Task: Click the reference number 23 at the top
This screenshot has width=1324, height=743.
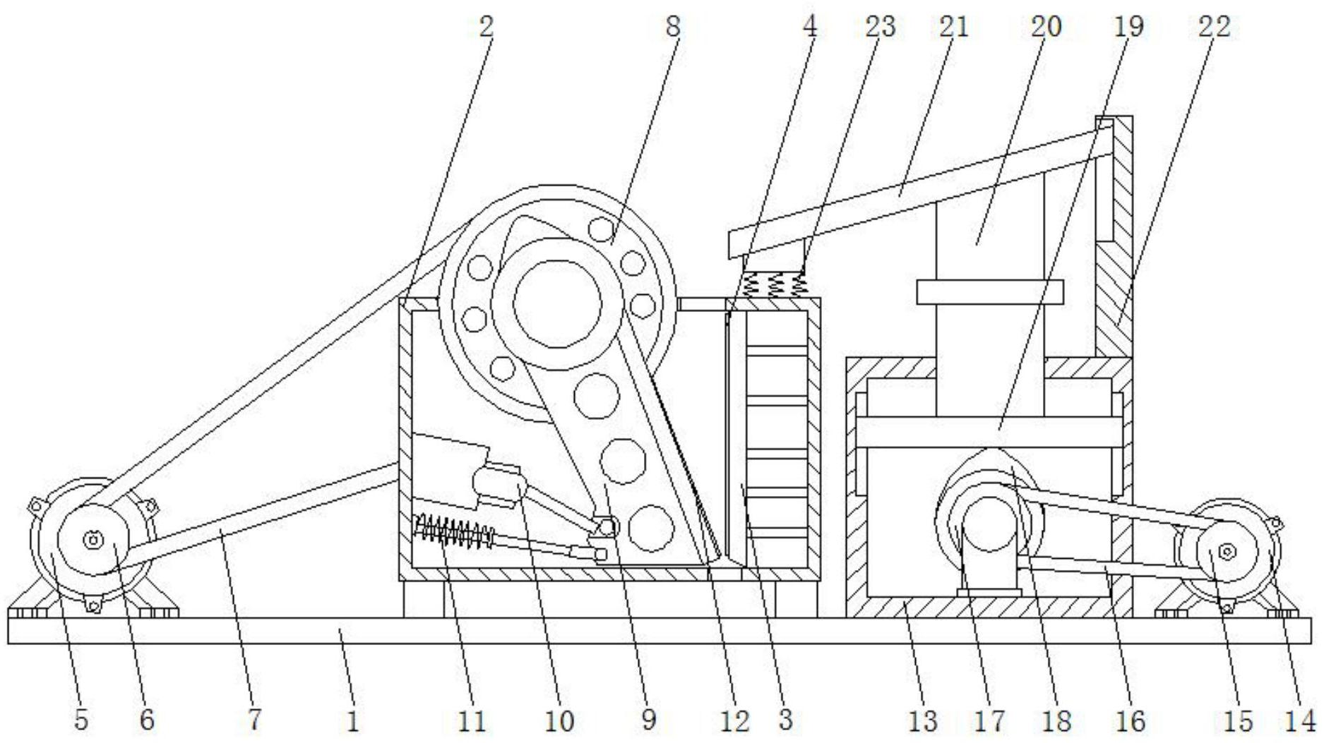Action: point(880,26)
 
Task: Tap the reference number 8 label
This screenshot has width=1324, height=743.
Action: point(672,26)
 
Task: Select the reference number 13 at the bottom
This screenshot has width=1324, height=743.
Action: point(922,720)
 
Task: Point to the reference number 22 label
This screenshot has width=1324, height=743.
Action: point(1214,26)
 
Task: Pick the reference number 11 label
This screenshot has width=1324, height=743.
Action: point(472,720)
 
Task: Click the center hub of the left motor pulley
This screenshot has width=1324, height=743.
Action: point(93,540)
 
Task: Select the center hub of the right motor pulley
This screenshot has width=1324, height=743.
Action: point(1227,551)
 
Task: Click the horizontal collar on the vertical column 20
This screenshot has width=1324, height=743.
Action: point(990,291)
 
